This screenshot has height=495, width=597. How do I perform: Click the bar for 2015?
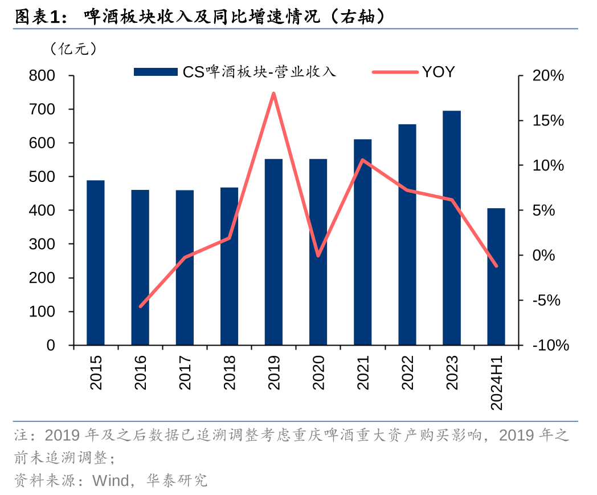[x=96, y=263]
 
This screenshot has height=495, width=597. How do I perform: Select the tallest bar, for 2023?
[x=452, y=228]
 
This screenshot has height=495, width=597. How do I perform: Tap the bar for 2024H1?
[x=496, y=277]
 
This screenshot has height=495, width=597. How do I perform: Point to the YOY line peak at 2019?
[x=273, y=93]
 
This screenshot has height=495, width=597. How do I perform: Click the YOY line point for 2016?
[x=140, y=306]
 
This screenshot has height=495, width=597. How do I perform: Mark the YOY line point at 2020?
[x=318, y=255]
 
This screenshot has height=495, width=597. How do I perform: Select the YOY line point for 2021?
[x=362, y=160]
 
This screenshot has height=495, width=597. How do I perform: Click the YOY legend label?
[x=438, y=72]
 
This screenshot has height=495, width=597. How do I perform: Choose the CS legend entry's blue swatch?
[x=156, y=72]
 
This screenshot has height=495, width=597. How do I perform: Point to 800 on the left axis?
[x=43, y=76]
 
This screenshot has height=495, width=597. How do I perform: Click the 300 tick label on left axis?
[x=43, y=244]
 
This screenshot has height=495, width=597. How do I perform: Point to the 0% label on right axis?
[x=543, y=255]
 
